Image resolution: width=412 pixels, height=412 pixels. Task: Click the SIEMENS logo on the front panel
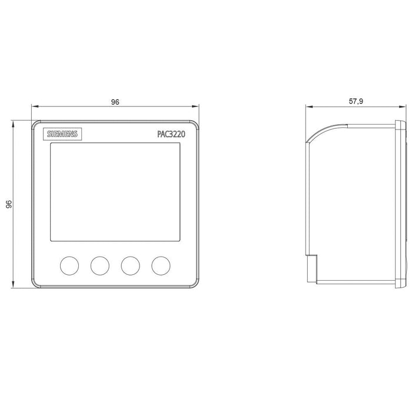pyautogui.click(x=62, y=134)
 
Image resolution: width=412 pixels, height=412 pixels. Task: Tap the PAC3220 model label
pyautogui.click(x=171, y=134)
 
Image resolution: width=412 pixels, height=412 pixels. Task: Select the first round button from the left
pyautogui.click(x=69, y=265)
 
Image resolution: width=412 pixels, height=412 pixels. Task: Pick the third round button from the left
pyautogui.click(x=130, y=265)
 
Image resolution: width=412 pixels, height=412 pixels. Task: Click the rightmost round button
pyautogui.click(x=161, y=265)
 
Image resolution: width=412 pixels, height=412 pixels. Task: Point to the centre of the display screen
pyautogui.click(x=115, y=192)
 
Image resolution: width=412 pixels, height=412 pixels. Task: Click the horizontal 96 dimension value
pyautogui.click(x=115, y=102)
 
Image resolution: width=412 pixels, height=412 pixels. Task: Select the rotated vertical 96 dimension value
pyautogui.click(x=9, y=204)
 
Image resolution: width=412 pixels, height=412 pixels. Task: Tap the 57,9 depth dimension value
pyautogui.click(x=355, y=101)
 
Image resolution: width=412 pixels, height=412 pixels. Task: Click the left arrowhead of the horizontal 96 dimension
pyautogui.click(x=35, y=107)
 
